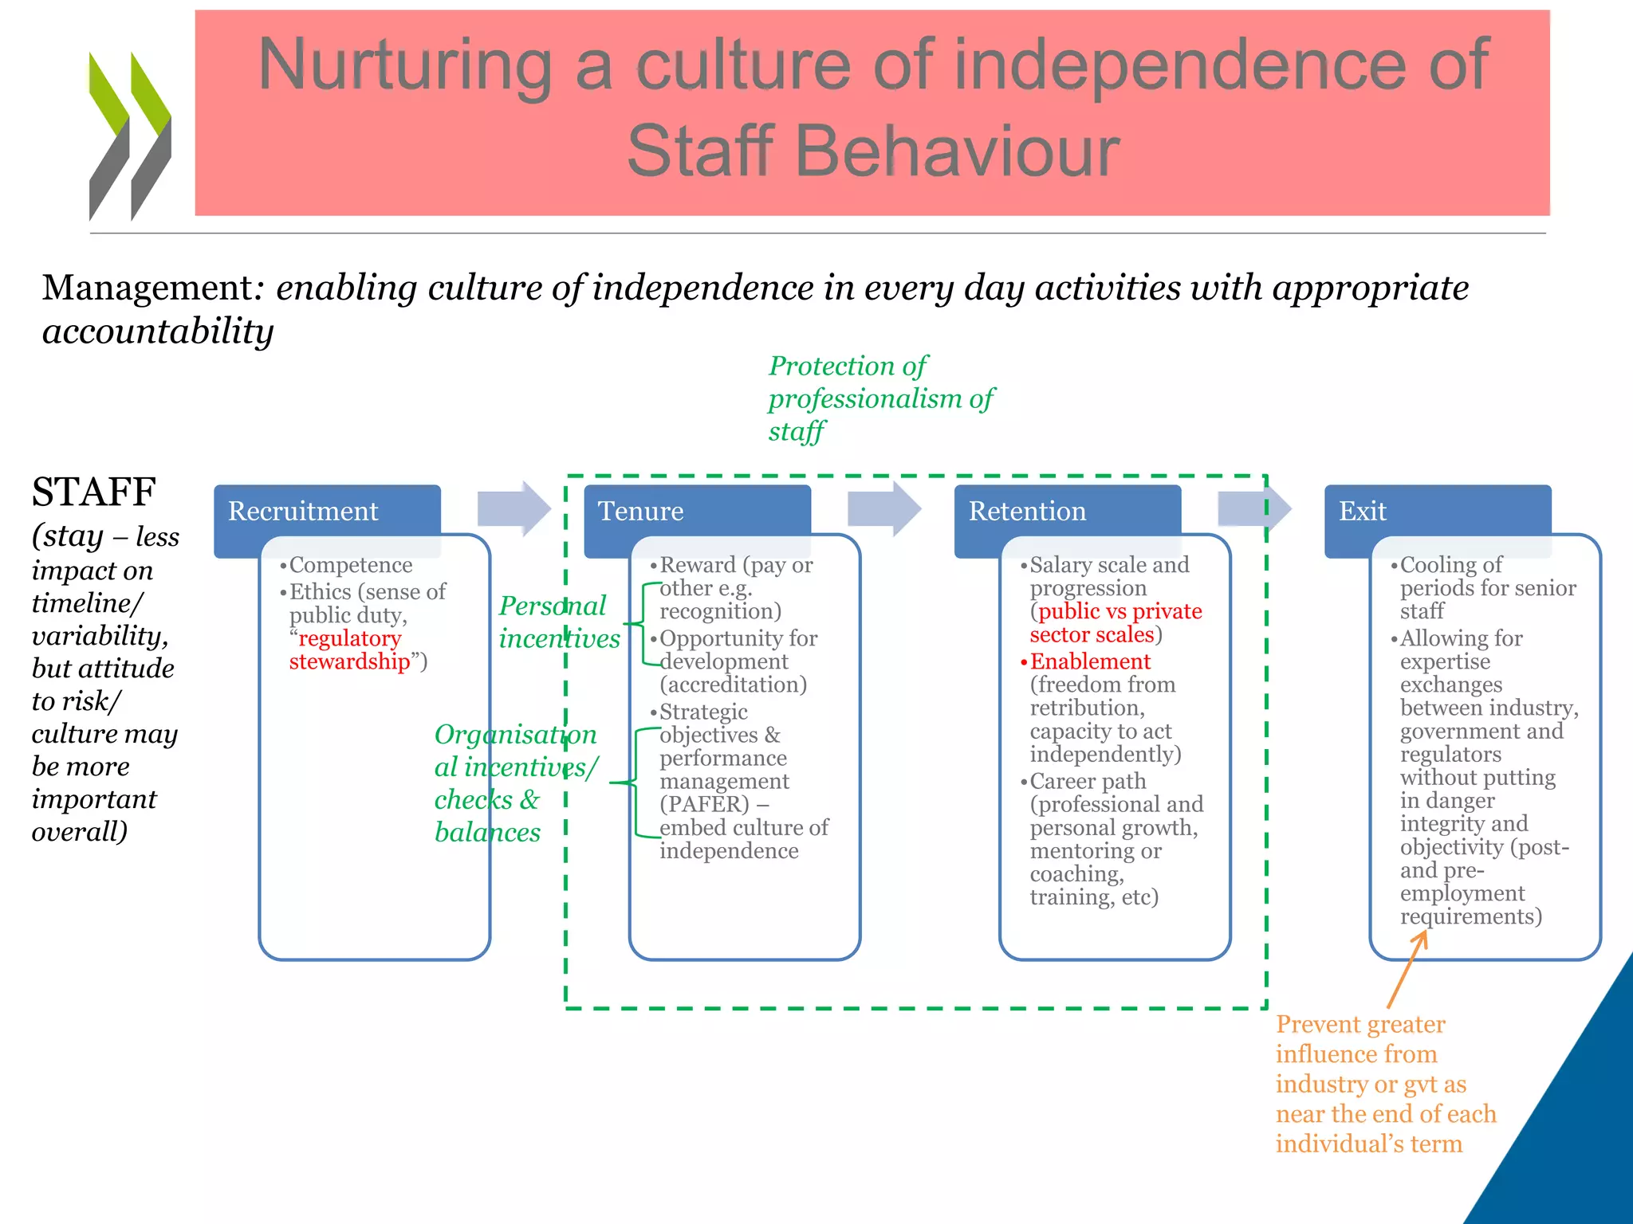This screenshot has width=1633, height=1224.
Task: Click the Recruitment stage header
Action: click(x=304, y=511)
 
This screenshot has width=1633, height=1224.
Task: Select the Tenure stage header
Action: click(x=641, y=511)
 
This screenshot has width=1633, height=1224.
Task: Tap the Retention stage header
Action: click(x=1027, y=511)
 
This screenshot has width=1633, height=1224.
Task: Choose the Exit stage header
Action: click(x=1363, y=511)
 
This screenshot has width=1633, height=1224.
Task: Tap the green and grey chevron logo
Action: click(x=130, y=135)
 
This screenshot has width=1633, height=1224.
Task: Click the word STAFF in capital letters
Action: click(x=93, y=492)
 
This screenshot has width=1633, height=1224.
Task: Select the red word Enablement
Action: click(x=1090, y=661)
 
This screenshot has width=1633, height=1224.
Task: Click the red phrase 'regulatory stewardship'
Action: click(x=349, y=650)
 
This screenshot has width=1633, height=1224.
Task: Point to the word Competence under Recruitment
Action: click(x=351, y=565)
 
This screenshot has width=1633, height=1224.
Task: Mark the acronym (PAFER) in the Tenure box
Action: click(x=704, y=804)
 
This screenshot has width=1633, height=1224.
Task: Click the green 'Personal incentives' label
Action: click(x=558, y=622)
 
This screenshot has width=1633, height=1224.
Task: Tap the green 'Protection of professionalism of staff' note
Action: click(x=880, y=398)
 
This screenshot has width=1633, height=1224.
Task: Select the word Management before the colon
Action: click(x=148, y=288)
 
